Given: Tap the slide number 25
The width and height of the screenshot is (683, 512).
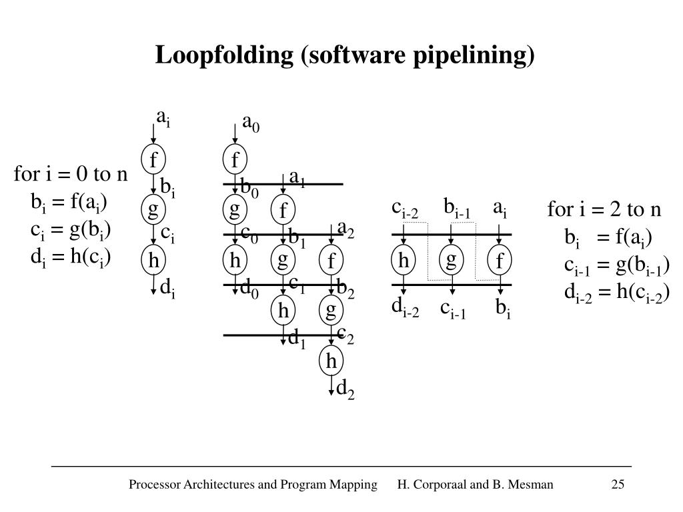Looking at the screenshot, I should click(x=618, y=485).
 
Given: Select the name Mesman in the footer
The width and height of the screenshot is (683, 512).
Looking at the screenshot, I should click(x=532, y=485).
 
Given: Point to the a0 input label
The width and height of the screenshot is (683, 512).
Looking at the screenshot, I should click(x=251, y=124).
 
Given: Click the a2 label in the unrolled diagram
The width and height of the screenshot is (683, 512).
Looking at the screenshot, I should click(x=346, y=230).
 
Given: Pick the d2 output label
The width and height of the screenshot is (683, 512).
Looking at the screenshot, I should click(x=345, y=389).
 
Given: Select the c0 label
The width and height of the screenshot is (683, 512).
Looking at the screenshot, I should click(x=249, y=233).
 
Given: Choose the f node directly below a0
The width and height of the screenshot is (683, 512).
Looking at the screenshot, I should click(x=235, y=160).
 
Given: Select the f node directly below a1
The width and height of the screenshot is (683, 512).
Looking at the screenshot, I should click(x=283, y=211).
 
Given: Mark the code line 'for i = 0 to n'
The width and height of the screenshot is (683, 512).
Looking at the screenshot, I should click(x=71, y=175).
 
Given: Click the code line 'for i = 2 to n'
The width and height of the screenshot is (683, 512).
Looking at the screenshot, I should click(x=604, y=210).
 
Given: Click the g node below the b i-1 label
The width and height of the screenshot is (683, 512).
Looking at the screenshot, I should click(x=452, y=260).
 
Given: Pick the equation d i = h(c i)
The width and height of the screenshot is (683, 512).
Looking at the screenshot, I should click(x=70, y=257).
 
